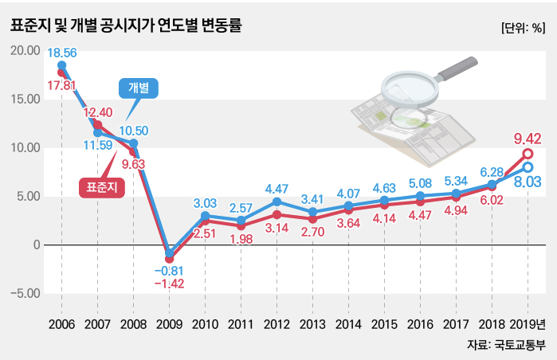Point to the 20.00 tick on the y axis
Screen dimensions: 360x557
[25, 50]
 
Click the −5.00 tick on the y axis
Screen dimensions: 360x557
[25, 293]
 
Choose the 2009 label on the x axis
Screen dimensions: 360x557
[169, 324]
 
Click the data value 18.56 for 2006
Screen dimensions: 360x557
[61, 53]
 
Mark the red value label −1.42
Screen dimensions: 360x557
[169, 284]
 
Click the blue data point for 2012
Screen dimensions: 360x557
[277, 202]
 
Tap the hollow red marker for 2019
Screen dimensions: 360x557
[528, 154]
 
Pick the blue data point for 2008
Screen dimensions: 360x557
[133, 143]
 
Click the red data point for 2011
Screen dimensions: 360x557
[241, 225]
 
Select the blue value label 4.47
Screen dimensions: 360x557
[277, 189]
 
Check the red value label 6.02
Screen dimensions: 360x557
[492, 202]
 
